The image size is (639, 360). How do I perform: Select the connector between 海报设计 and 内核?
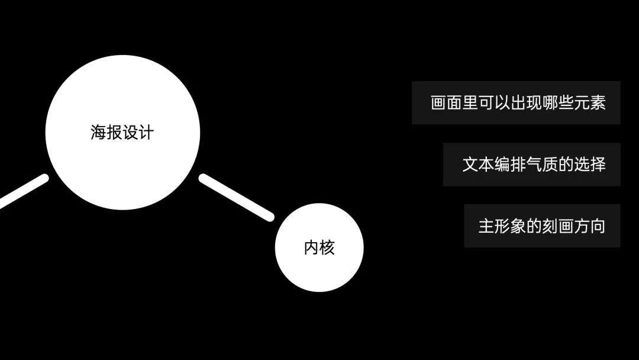coord(237,198)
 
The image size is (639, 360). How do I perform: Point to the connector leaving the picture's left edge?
coord(22,191)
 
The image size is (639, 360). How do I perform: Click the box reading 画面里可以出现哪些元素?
coord(515,102)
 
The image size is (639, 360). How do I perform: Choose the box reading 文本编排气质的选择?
coord(531,164)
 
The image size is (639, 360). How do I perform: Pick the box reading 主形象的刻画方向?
coord(541,226)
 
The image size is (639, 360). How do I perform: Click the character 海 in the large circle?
coord(98,132)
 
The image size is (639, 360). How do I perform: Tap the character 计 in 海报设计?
coord(146,132)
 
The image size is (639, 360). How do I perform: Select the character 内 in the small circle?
coord(311,247)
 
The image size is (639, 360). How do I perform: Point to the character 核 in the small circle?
coord(327,247)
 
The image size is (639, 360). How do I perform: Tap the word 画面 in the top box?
coord(447,102)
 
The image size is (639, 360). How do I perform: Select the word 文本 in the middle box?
coord(478,164)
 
